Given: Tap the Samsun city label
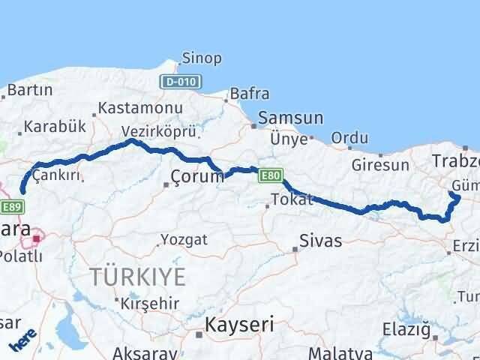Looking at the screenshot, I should click(290, 118).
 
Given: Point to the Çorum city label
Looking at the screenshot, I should click(197, 178).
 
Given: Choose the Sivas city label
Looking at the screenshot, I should click(320, 241).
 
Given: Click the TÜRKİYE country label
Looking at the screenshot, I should click(137, 277).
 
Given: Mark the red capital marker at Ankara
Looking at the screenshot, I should click(35, 239).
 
